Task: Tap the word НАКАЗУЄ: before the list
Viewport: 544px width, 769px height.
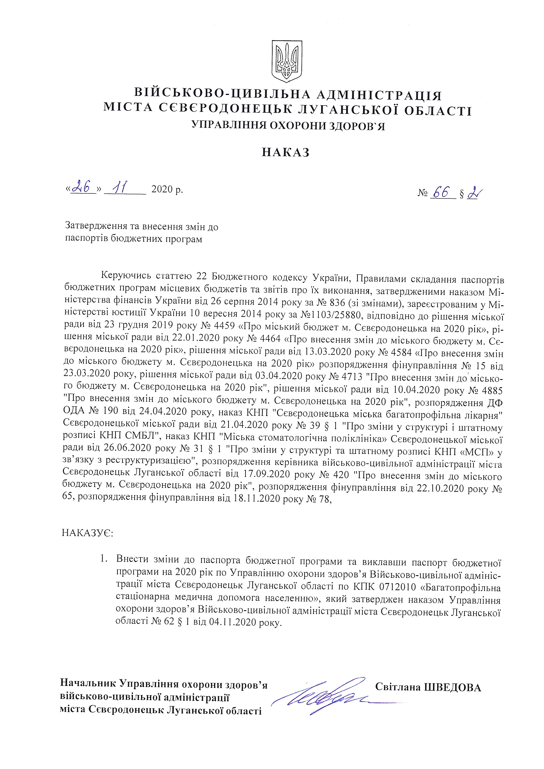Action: [88, 533]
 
